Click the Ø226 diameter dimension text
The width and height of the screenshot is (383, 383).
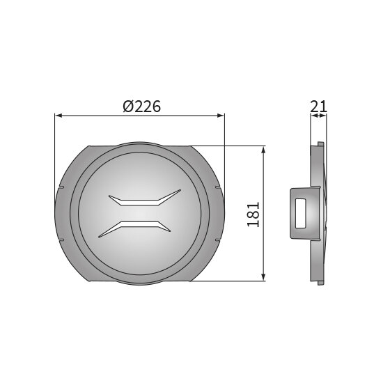(x=141, y=107)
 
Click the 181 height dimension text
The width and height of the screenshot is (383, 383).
(x=253, y=214)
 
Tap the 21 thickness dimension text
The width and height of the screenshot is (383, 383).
(x=319, y=106)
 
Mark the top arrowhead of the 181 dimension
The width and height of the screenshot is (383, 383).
(x=263, y=150)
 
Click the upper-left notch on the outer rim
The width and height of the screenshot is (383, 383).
(x=60, y=188)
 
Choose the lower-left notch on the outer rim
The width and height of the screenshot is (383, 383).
(x=60, y=239)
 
